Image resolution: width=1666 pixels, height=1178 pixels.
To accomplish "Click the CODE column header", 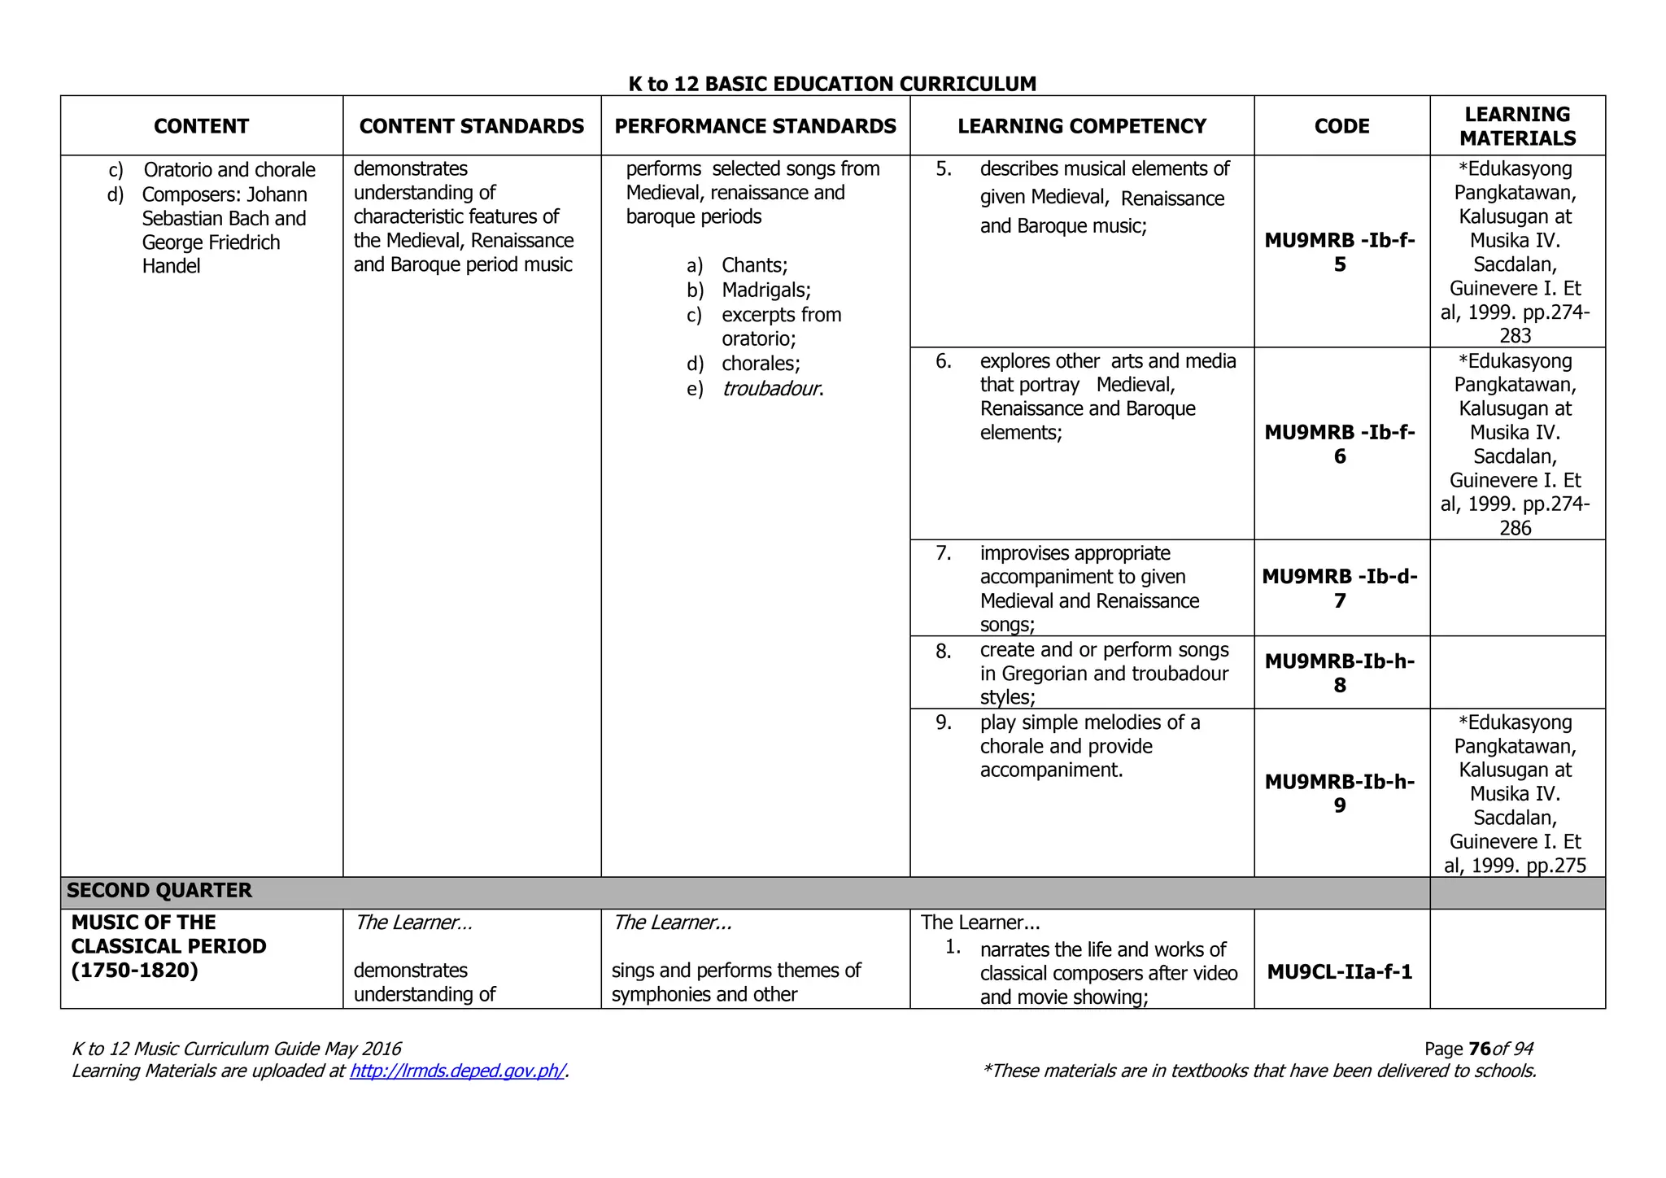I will (1341, 126).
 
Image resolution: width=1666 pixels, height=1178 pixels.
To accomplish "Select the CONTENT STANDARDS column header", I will (471, 126).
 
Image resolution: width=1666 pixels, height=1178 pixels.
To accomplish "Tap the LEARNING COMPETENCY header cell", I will (1081, 126).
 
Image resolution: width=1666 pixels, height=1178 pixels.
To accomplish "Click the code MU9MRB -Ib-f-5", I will (1340, 252).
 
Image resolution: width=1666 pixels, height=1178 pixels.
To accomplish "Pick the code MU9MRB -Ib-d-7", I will (1340, 588).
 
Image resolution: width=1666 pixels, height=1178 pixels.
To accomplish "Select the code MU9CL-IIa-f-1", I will (1340, 971).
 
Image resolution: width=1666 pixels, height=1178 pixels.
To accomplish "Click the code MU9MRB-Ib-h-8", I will (1340, 673).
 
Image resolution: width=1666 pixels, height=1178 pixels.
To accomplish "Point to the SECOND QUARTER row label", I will (159, 890).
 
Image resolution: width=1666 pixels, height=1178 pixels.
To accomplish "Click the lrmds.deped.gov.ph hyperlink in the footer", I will (456, 1071).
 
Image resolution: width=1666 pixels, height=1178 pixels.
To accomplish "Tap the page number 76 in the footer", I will (1480, 1049).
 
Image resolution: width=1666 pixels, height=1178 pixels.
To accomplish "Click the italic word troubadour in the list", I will (770, 389).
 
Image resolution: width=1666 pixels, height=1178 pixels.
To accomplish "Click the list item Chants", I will (754, 265).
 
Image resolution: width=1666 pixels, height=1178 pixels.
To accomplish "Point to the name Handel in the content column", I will (171, 266).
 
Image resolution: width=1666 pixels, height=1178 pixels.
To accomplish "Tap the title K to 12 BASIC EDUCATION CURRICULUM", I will (832, 84).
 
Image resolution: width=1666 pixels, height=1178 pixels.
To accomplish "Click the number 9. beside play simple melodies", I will (943, 722).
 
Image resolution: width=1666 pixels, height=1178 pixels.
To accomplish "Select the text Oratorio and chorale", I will (229, 170).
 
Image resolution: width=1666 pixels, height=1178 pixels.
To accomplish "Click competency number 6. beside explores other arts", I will (943, 361).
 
